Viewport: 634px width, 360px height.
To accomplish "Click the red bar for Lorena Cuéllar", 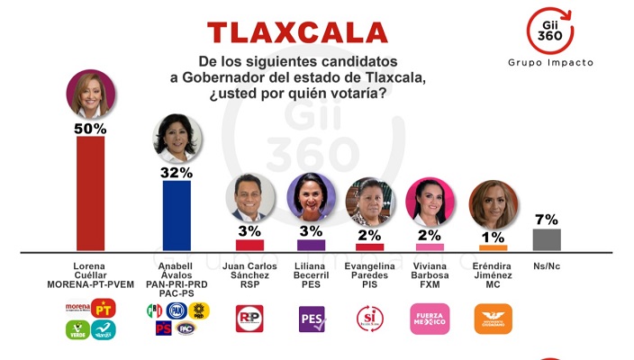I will tap(90, 193).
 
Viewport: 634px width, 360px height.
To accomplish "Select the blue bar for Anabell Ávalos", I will tap(177, 215).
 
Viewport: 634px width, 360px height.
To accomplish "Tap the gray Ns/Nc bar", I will tap(547, 239).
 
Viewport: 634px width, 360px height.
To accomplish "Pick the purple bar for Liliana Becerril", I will tap(311, 245).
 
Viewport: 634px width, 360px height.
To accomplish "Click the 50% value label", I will tap(90, 129).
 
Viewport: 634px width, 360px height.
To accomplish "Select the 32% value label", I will tap(177, 172).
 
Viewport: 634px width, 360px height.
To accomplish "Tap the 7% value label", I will tap(547, 219).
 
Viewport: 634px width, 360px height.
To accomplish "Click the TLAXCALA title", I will tap(297, 33).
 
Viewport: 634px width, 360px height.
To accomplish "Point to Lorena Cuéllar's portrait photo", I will tap(90, 94).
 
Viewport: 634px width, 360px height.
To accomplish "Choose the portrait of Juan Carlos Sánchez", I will tap(249, 198).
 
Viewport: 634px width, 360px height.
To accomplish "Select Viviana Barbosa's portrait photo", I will tap(429, 201).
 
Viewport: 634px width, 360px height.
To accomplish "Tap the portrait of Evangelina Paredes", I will tap(369, 201).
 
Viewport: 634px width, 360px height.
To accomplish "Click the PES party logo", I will tap(311, 319).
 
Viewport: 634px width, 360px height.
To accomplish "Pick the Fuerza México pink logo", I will tap(429, 319).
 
